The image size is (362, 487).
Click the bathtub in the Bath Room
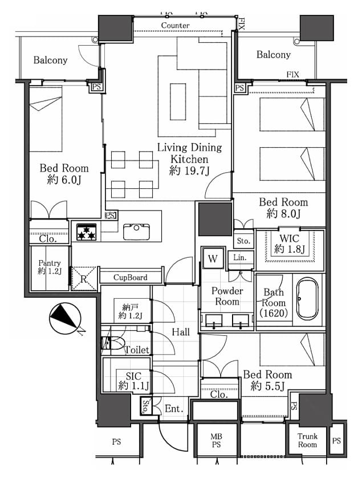click(307, 298)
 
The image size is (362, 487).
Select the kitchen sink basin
click(136, 232)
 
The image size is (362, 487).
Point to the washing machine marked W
click(213, 258)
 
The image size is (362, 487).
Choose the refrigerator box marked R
click(83, 279)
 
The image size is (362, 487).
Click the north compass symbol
click(66, 319)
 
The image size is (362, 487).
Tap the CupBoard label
click(131, 277)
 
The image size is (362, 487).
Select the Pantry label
click(50, 263)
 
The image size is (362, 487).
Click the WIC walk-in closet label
click(290, 238)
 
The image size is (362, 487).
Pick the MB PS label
click(217, 441)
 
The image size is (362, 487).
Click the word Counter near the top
click(175, 26)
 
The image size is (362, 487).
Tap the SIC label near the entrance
click(133, 376)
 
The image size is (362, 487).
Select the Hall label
click(181, 332)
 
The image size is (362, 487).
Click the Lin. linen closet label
click(239, 257)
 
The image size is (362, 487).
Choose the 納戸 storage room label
click(131, 307)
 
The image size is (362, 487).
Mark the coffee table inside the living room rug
click(178, 102)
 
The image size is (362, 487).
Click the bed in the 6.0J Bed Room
click(46, 119)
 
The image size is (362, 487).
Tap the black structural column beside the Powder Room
click(215, 220)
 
